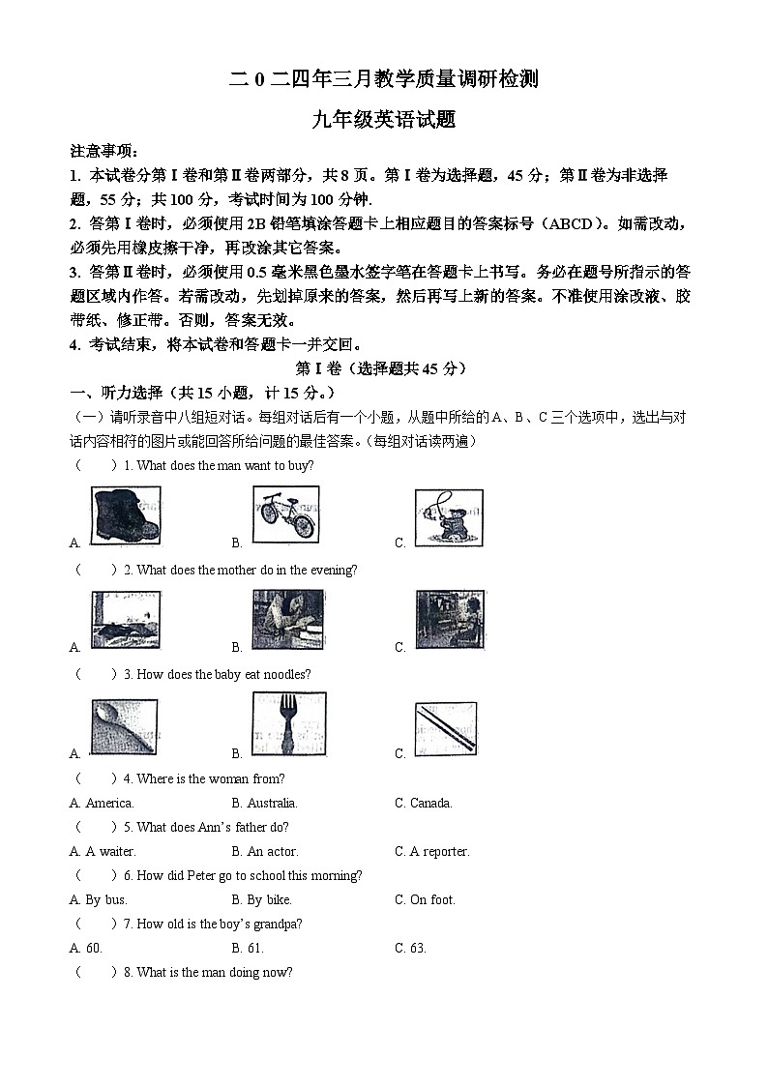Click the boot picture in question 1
point(126,516)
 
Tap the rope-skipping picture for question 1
point(449,517)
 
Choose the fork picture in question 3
point(288,724)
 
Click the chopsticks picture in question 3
point(445,728)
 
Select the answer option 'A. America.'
point(102,803)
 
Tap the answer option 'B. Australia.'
point(264,803)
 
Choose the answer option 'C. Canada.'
point(423,803)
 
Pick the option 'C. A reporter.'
point(431,851)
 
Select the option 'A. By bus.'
point(99,899)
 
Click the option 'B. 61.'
point(248,948)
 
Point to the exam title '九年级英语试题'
point(384,120)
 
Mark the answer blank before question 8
point(93,972)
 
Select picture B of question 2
point(288,620)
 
